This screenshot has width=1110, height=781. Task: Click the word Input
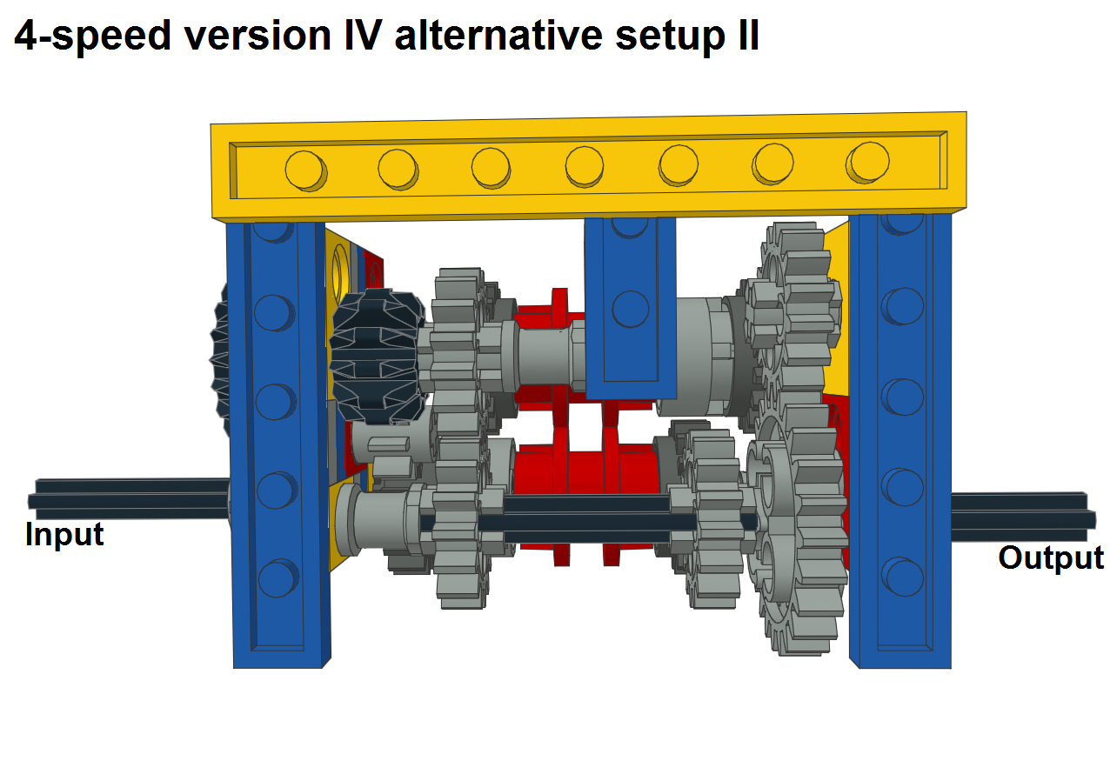click(64, 535)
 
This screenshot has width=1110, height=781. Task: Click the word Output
click(1051, 557)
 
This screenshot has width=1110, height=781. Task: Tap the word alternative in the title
click(498, 36)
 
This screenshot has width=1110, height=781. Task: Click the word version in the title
click(257, 37)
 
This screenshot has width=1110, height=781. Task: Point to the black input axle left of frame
click(130, 499)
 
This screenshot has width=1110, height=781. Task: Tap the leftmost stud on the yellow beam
click(305, 170)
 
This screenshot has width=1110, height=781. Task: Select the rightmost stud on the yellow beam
click(867, 163)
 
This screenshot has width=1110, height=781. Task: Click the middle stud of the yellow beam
click(585, 166)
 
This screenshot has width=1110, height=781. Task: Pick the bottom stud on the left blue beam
click(278, 578)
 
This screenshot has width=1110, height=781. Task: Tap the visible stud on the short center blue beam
click(631, 309)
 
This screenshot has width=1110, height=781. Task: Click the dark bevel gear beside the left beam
click(378, 357)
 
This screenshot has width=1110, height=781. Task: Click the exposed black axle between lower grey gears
click(587, 519)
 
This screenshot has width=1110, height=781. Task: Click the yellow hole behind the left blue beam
click(341, 271)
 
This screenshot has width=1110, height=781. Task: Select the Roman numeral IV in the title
click(363, 36)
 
